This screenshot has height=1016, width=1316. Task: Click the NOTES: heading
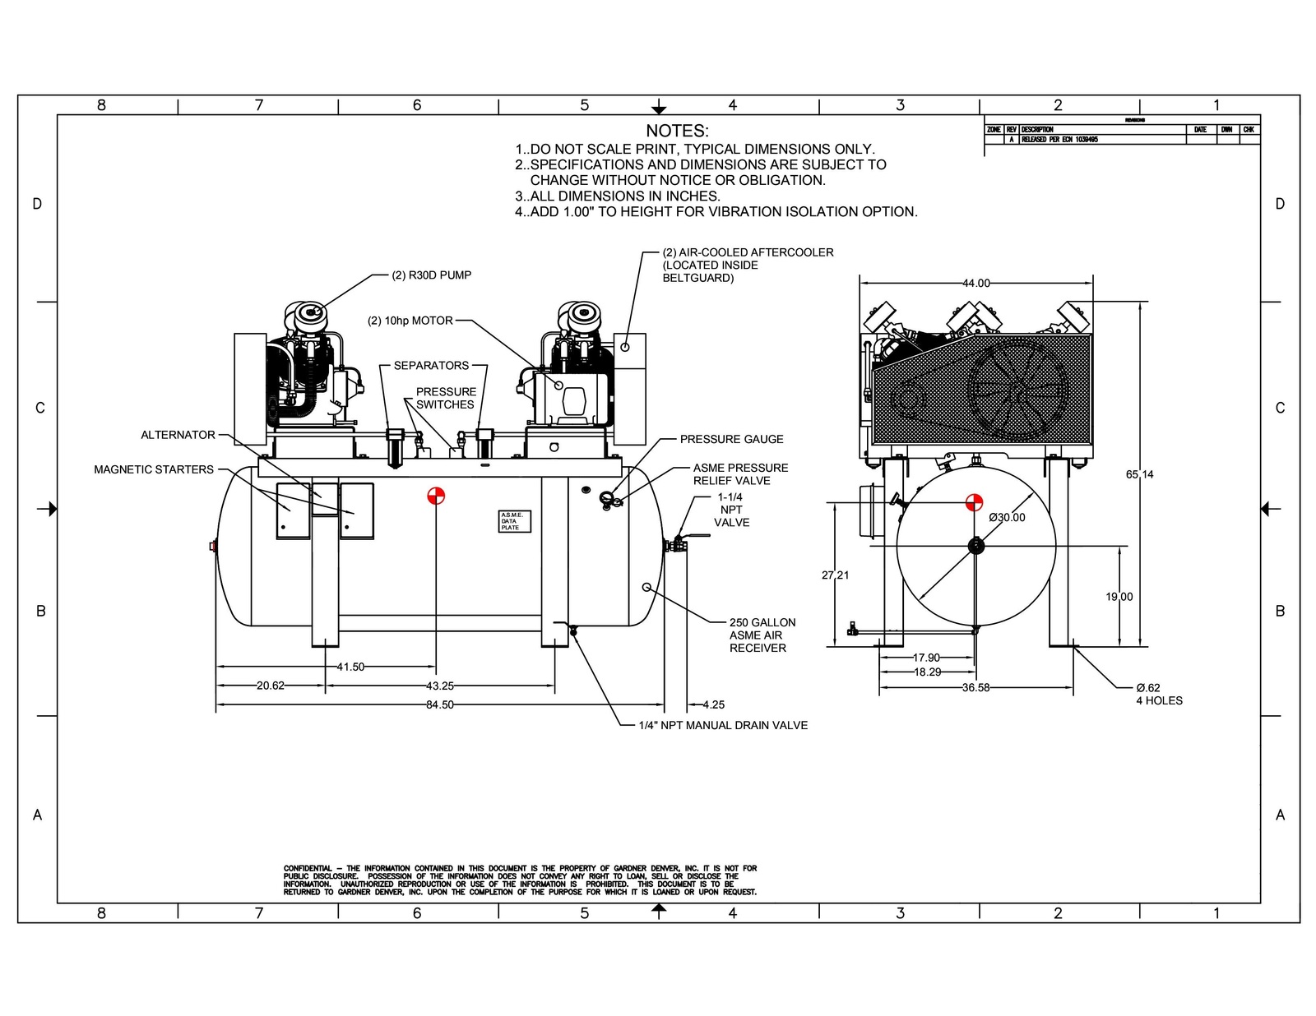click(676, 131)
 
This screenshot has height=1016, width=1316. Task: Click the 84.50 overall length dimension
click(439, 704)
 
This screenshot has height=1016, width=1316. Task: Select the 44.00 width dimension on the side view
click(976, 283)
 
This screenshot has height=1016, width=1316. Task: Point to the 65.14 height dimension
click(1139, 474)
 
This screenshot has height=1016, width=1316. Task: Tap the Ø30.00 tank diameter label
click(1007, 518)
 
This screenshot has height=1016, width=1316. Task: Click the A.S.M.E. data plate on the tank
click(515, 521)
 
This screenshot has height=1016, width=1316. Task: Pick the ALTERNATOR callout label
click(178, 435)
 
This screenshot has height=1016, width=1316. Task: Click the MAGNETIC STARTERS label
click(154, 469)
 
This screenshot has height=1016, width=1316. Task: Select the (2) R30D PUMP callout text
click(432, 275)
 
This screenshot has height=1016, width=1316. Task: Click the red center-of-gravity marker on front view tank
click(436, 496)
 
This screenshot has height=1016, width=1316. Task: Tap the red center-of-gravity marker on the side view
click(974, 502)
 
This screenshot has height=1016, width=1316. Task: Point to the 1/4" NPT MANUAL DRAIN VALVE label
click(723, 725)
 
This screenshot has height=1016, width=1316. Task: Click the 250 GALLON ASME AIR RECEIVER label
click(761, 635)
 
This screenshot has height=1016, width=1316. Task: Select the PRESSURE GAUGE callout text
click(731, 439)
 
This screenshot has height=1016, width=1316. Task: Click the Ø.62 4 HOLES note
click(1158, 694)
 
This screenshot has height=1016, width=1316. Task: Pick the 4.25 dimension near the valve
click(713, 704)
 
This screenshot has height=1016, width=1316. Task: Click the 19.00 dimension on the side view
click(1119, 597)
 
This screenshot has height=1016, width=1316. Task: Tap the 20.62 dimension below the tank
click(270, 686)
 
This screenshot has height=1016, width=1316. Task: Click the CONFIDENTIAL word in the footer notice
click(308, 868)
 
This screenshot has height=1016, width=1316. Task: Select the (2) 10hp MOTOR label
click(410, 321)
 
